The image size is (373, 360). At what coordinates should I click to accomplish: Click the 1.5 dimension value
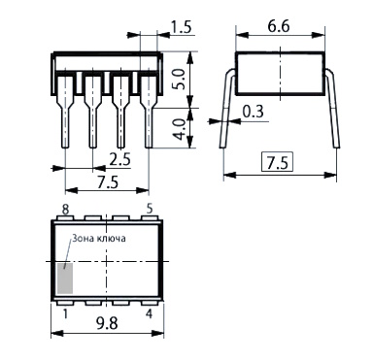pyautogui.click(x=182, y=27)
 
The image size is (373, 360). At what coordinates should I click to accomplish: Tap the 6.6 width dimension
pyautogui.click(x=279, y=26)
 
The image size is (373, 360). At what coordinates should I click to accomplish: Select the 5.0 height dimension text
pyautogui.click(x=178, y=79)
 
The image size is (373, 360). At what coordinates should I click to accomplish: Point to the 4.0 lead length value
pyautogui.click(x=179, y=129)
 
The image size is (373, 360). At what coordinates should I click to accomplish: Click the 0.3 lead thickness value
pyautogui.click(x=254, y=112)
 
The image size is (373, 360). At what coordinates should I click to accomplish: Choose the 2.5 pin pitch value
pyautogui.click(x=119, y=160)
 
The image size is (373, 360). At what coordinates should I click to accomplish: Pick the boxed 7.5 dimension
pyautogui.click(x=277, y=163)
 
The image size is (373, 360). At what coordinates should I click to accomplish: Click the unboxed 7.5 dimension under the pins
pyautogui.click(x=108, y=183)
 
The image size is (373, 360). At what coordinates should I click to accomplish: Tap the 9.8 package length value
pyautogui.click(x=107, y=323)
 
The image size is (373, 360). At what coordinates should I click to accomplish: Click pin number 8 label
pyautogui.click(x=65, y=210)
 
